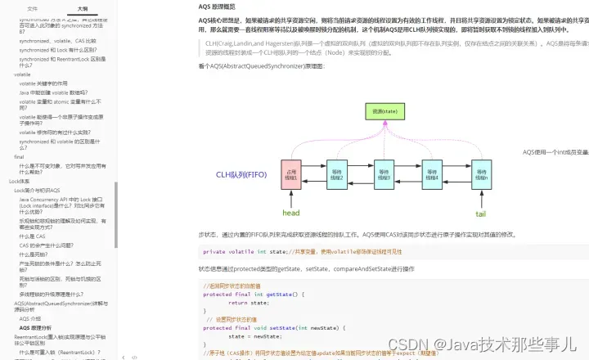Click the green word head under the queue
click(x=291, y=213)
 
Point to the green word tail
click(x=480, y=213)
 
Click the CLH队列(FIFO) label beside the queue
click(x=242, y=174)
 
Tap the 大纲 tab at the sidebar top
click(x=83, y=7)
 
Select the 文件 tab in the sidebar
click(x=32, y=7)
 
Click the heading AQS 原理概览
click(x=223, y=7)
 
